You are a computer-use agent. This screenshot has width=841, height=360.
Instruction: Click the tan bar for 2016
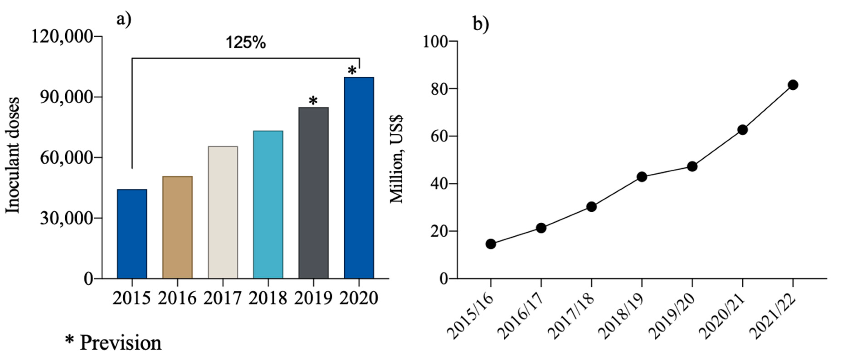[x=177, y=227]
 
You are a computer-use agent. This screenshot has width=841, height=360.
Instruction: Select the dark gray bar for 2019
[x=314, y=192]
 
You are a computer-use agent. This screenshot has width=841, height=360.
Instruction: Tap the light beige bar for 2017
[x=223, y=212]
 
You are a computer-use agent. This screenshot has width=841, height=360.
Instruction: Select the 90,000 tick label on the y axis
[x=67, y=97]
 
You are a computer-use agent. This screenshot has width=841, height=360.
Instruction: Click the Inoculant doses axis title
[x=13, y=156]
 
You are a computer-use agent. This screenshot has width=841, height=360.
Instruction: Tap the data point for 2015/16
[x=491, y=244]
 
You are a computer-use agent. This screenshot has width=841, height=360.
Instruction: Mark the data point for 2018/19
[x=642, y=177]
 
